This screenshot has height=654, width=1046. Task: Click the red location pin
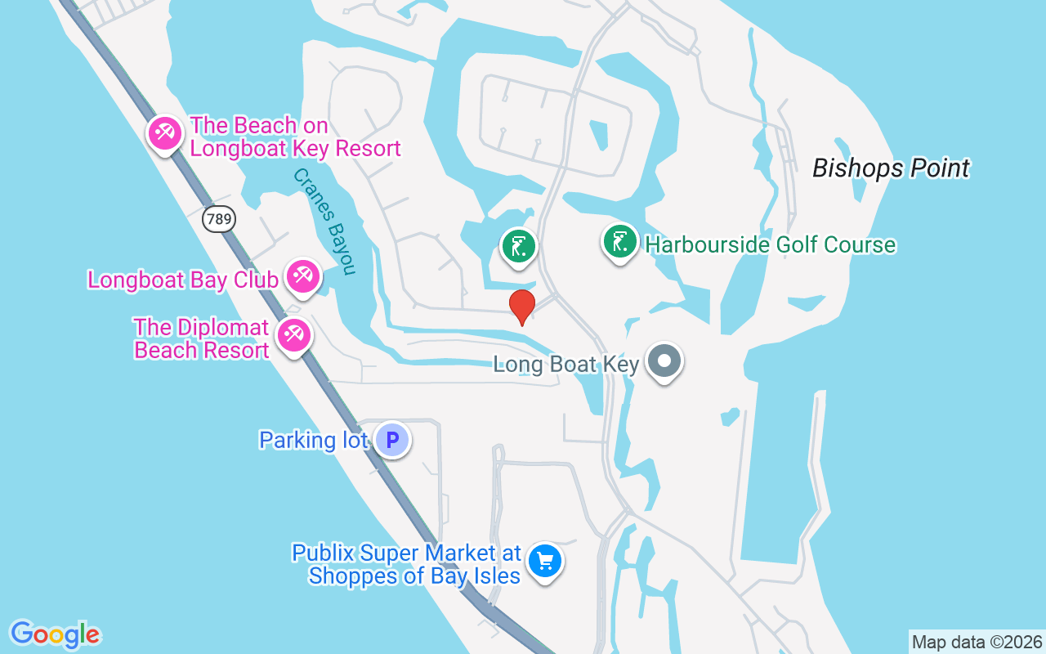point(521,306)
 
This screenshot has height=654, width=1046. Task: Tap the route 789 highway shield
point(219,218)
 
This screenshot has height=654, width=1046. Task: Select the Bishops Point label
point(891,168)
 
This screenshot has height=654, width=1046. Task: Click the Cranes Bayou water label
point(325,221)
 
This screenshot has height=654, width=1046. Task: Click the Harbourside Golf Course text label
point(770,244)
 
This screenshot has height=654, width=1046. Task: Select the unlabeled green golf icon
point(518,245)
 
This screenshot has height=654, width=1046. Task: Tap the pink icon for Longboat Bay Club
point(303,276)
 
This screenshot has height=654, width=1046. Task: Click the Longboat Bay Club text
point(183,280)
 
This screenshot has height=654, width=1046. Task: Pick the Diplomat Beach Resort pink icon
point(293,335)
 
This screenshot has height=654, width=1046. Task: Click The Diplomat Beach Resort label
point(201,338)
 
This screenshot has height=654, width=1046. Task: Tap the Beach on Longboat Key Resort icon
point(165,132)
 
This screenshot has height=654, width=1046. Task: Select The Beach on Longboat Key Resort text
point(295,137)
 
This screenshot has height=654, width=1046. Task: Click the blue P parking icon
point(392,440)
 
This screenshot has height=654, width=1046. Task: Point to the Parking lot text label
point(313,440)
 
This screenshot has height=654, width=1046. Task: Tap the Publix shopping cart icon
point(545,562)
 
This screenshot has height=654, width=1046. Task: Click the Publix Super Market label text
point(406,564)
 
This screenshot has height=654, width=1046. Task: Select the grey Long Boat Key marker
point(664,361)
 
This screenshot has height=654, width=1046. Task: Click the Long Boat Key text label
point(565,364)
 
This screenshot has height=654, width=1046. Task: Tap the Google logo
point(55,634)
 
